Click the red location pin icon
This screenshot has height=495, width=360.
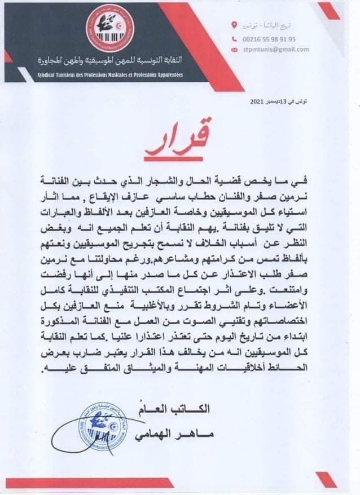tap(235, 25)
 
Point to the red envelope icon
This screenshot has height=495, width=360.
tap(235, 50)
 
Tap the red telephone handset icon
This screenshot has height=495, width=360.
tap(235, 39)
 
